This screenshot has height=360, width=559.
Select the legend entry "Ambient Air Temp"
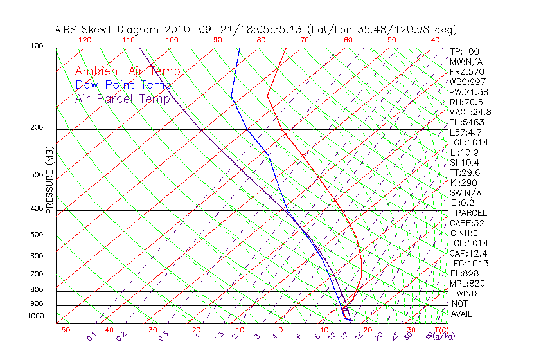127,71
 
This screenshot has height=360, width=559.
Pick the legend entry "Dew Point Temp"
123,85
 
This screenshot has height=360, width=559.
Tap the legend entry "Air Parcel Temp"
122,98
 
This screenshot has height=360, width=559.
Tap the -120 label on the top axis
82,40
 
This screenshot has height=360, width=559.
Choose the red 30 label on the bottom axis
411,330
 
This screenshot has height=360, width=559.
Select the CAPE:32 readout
467,223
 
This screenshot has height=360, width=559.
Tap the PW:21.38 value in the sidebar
469,92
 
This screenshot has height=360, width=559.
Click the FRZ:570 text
467,72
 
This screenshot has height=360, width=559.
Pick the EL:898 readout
465,273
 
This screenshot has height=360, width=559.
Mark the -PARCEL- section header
471,213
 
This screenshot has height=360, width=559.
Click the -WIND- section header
467,293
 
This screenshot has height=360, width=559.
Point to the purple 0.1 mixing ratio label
92,335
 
